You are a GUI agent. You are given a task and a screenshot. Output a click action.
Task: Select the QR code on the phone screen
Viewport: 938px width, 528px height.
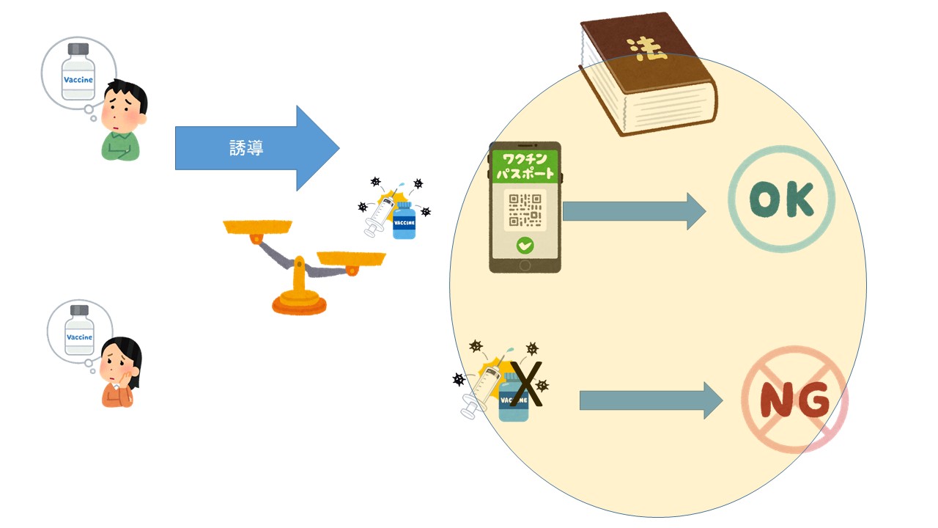tap(525, 210)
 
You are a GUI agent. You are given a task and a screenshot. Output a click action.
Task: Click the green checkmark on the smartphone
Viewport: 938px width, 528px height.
tap(525, 246)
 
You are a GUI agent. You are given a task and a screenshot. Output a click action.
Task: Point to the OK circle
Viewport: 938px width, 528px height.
tap(781, 199)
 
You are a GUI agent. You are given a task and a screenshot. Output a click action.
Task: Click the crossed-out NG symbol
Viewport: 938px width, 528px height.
tap(794, 400)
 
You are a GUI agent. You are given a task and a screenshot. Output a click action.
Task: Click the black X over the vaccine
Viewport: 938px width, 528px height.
tap(526, 384)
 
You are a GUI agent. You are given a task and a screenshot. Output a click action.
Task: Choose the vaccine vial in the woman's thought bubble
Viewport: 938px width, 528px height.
tap(79, 331)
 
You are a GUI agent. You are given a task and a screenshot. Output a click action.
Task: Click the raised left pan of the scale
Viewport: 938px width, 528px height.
tap(257, 226)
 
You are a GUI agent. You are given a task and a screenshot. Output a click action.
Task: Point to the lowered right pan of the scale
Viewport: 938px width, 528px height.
tap(351, 258)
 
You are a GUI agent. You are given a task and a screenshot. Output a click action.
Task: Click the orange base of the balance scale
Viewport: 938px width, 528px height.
tap(299, 303)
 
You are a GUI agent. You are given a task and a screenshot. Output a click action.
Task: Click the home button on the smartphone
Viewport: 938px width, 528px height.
tap(525, 265)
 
